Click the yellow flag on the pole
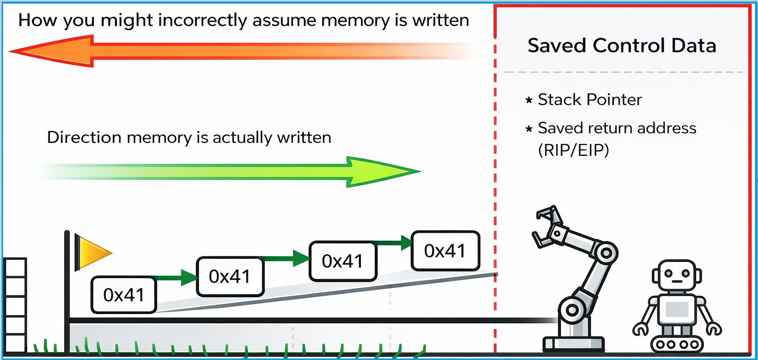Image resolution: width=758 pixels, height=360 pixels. click(x=92, y=252)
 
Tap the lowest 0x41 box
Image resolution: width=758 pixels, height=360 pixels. click(x=124, y=295)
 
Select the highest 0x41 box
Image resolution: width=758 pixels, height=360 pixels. click(x=445, y=251)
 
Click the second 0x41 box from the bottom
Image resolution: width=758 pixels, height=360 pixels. click(x=230, y=276)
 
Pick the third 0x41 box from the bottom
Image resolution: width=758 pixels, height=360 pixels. click(x=343, y=261)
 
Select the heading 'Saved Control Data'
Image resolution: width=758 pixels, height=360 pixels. click(x=622, y=45)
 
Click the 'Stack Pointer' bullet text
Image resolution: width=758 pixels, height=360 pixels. click(x=590, y=100)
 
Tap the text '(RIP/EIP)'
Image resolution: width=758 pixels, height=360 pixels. click(x=573, y=151)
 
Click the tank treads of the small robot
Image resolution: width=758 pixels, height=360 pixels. click(x=675, y=344)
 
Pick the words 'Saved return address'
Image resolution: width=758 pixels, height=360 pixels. click(x=617, y=128)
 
